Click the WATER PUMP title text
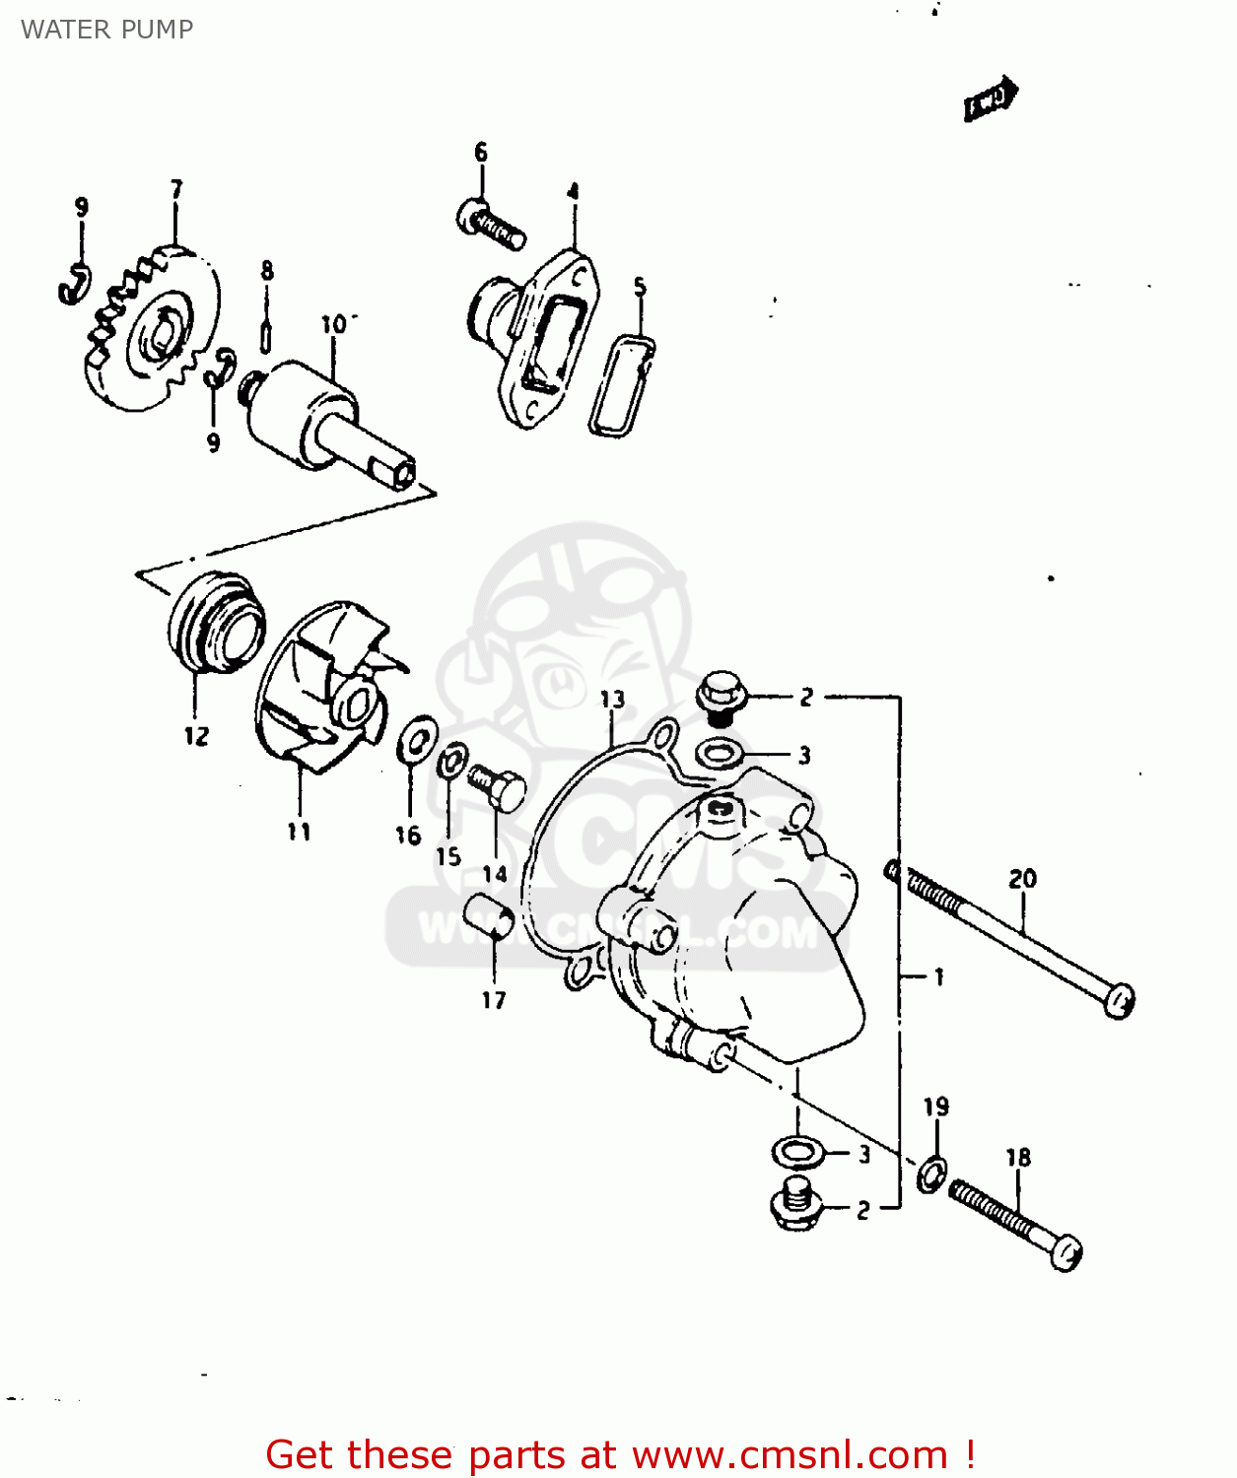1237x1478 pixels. (x=106, y=30)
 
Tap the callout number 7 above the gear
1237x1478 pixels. (x=176, y=189)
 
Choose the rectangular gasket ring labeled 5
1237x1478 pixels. (x=621, y=384)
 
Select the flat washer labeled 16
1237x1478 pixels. (x=418, y=739)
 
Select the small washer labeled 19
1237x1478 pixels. (x=931, y=1174)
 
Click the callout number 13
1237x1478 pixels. (x=612, y=700)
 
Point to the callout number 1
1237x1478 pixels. (x=938, y=976)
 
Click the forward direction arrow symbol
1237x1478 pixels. (x=990, y=100)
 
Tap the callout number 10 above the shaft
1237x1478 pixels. (x=334, y=323)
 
